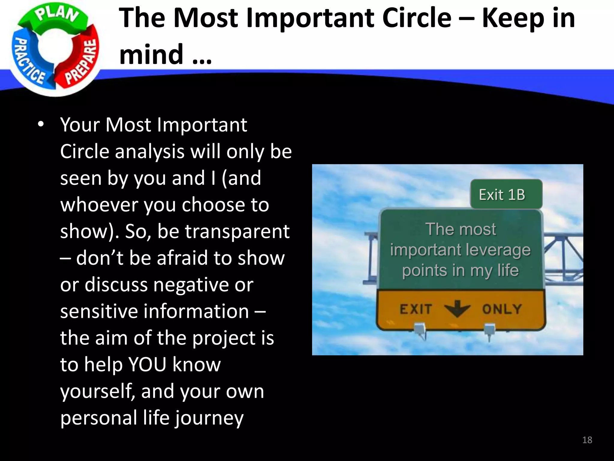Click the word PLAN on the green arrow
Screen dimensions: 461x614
[x=57, y=15]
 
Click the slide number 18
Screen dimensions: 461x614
[x=587, y=440]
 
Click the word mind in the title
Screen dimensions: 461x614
[x=151, y=54]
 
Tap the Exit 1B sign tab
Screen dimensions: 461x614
[x=502, y=194]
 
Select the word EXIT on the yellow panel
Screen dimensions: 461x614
[x=416, y=309]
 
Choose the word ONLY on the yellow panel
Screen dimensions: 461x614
[x=502, y=309]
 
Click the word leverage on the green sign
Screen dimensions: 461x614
[x=501, y=250]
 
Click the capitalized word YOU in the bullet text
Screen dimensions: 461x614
[x=147, y=364]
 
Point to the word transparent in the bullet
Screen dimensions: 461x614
[x=237, y=231]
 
